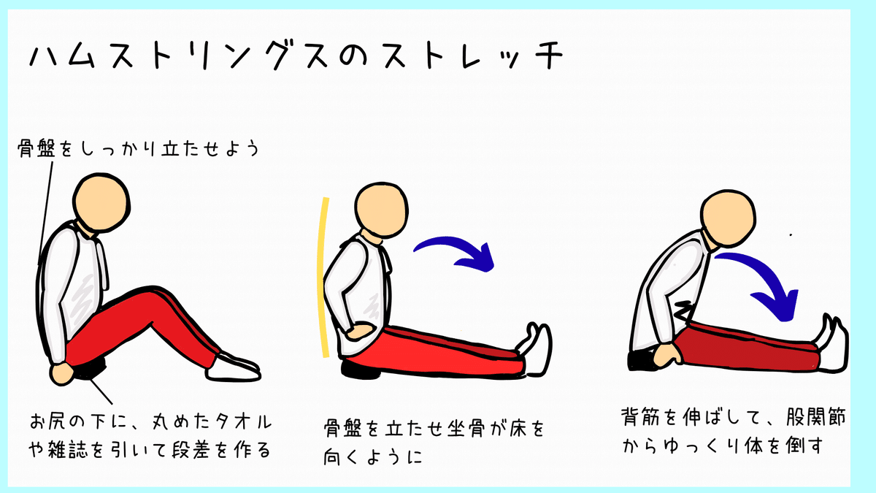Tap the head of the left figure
(x=101, y=203)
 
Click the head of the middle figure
(x=381, y=210)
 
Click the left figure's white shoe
(x=233, y=368)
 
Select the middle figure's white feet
(x=536, y=348)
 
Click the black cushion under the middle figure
(x=361, y=370)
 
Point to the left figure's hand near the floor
(x=62, y=374)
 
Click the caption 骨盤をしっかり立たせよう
(x=139, y=149)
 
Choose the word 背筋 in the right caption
(x=646, y=417)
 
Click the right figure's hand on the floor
(x=666, y=354)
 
